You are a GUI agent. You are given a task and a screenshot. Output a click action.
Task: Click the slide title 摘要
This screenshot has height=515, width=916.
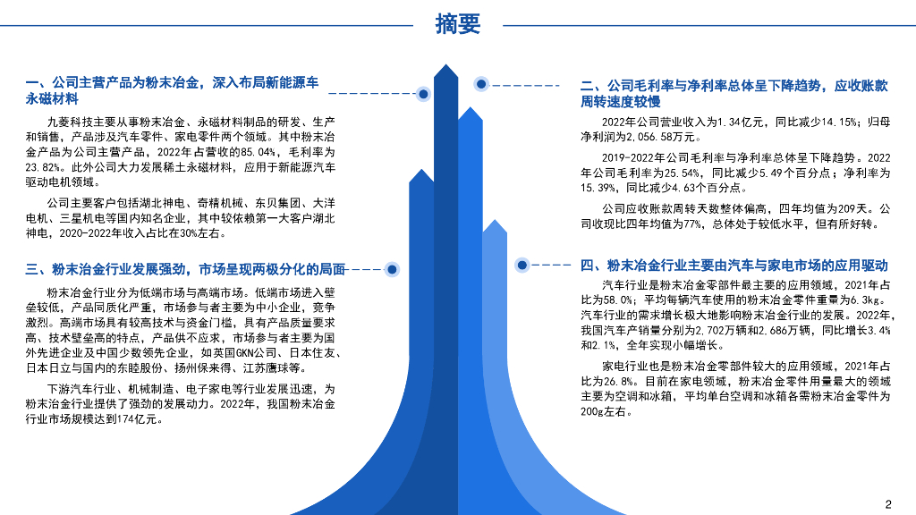tap(458, 24)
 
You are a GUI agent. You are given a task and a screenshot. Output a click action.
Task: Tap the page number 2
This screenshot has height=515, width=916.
tap(888, 502)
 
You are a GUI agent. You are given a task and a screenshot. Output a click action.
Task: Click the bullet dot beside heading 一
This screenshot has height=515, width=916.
tap(422, 93)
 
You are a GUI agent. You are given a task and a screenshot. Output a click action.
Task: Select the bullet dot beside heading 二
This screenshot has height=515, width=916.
tap(481, 85)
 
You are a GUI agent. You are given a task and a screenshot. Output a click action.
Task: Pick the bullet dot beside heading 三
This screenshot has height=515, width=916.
tap(391, 268)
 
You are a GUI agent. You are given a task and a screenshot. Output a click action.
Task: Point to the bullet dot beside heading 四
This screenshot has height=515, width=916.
tap(523, 265)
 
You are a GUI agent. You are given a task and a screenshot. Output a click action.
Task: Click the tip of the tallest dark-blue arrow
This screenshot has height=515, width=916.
tap(445, 67)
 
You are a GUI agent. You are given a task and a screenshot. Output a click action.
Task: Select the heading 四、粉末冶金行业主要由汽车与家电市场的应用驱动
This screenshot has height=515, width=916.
tap(734, 266)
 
